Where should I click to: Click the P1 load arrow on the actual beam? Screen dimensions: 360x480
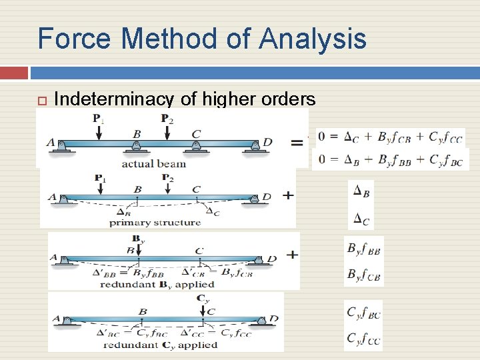click(x=98, y=130)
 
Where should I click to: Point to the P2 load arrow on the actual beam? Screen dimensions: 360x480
click(x=167, y=130)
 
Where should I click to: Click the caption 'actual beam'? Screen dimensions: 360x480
click(x=153, y=163)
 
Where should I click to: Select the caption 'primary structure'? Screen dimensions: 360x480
click(x=155, y=223)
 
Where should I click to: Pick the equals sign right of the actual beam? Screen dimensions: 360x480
click(x=297, y=142)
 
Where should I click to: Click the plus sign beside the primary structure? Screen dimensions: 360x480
click(x=288, y=195)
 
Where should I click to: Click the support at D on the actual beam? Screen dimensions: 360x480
click(x=257, y=147)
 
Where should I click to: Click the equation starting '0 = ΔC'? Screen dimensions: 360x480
click(x=390, y=138)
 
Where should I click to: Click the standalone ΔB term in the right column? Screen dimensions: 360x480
click(x=361, y=192)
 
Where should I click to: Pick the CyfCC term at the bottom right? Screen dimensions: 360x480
click(x=363, y=339)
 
